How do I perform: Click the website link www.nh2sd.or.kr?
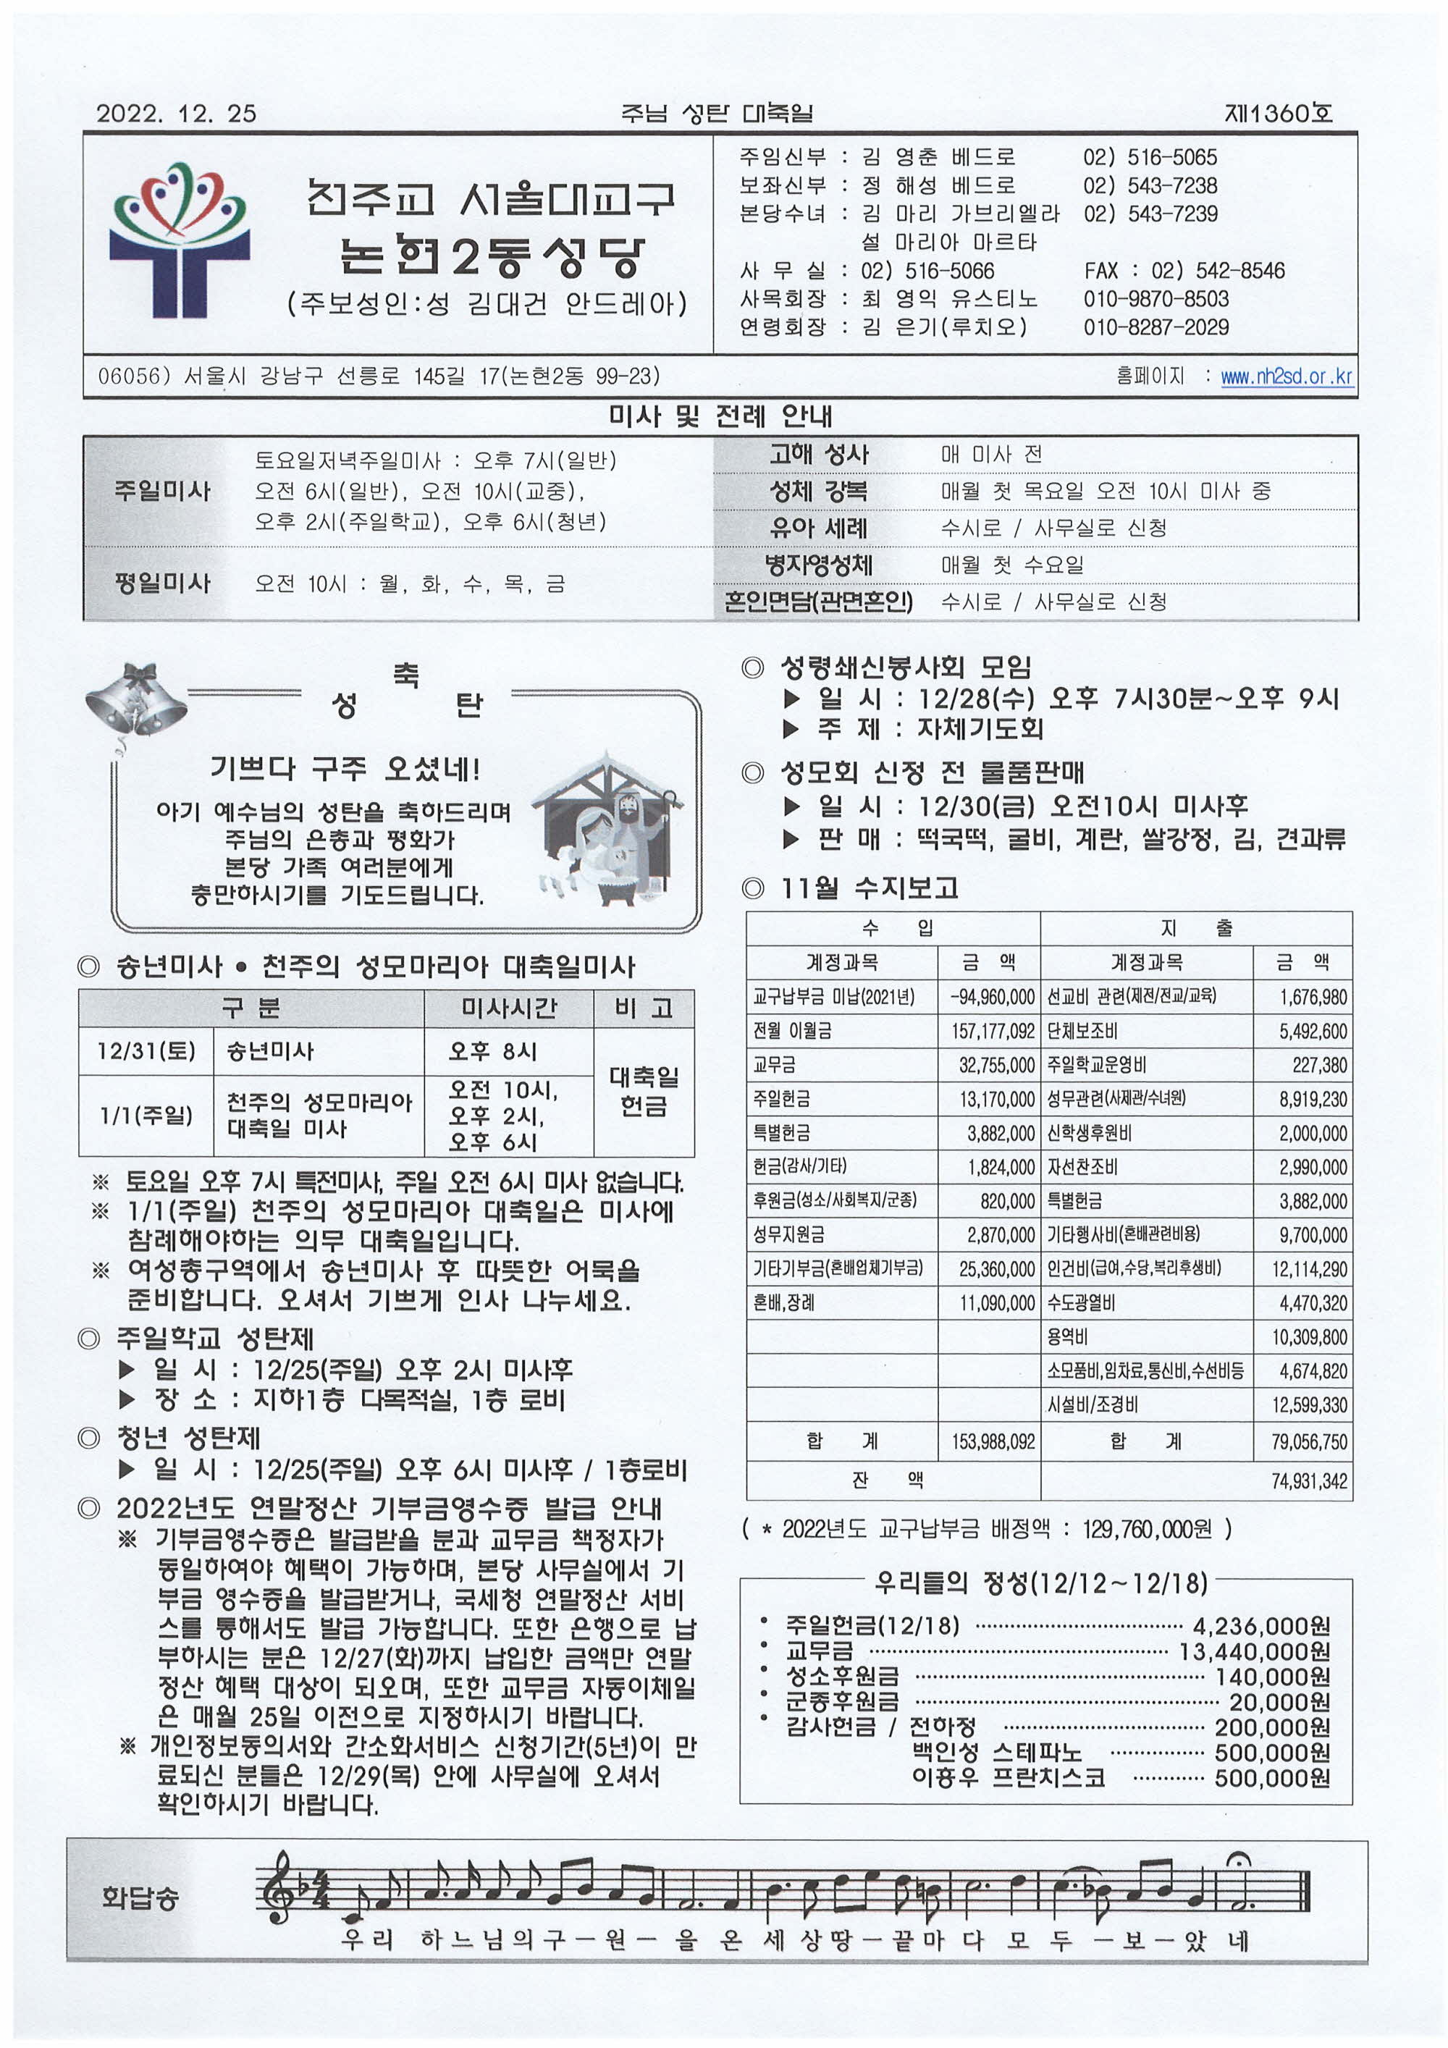tap(1286, 376)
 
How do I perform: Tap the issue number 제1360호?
tap(1278, 113)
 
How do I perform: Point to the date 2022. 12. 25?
tap(176, 113)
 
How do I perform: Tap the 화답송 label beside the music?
tap(139, 1897)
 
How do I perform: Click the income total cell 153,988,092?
tap(992, 1441)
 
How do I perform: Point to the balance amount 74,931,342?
tap(1308, 1480)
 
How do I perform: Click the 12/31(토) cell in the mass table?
tap(146, 1050)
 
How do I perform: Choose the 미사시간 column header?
tap(508, 1008)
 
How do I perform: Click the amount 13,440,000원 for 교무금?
tap(1253, 1652)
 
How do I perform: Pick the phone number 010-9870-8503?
tap(1156, 299)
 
